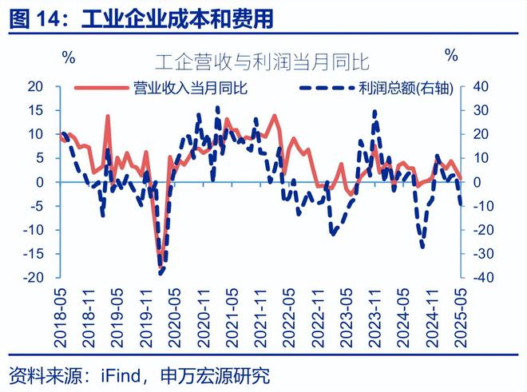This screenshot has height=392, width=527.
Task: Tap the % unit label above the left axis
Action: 69,57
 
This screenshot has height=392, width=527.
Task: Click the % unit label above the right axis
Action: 452,56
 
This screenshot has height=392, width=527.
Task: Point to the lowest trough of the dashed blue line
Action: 160,274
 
